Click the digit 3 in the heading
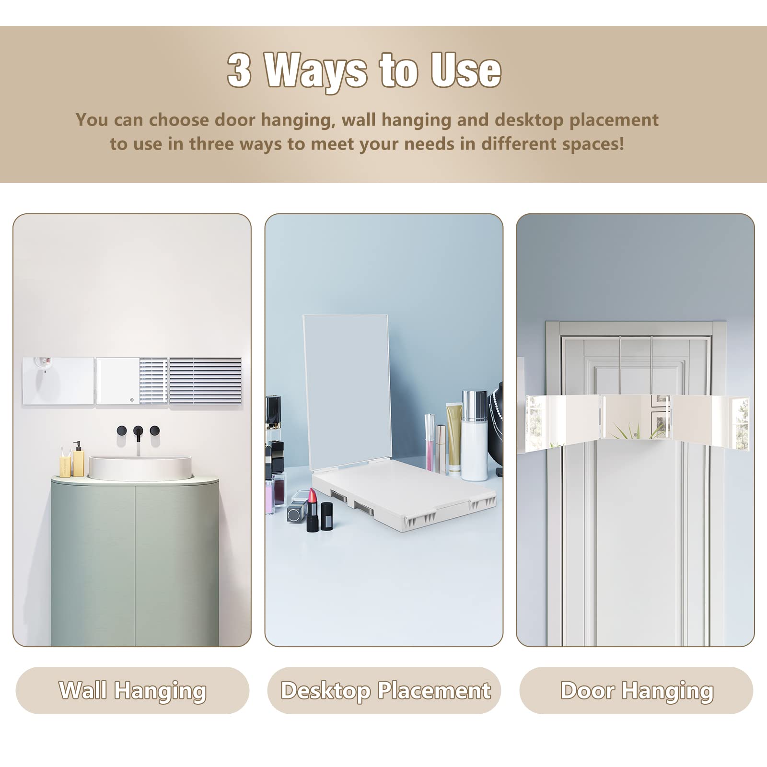pos(239,70)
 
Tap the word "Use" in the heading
pos(465,70)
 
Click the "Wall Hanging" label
pos(133,690)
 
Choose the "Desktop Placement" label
pos(385,690)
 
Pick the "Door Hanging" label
pos(637,690)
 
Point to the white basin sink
pos(140,468)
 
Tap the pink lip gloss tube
pos(430,441)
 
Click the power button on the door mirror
pos(635,435)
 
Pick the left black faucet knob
pos(121,430)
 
